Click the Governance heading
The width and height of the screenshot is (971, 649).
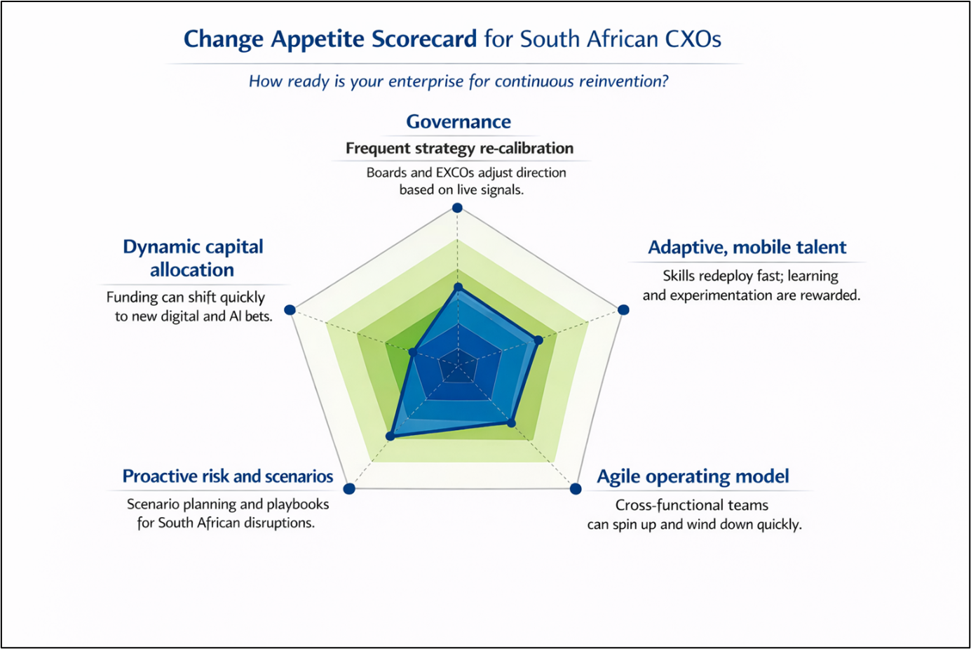coord(459,121)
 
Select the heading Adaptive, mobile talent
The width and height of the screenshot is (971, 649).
coord(747,247)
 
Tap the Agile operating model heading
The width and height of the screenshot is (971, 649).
coord(693,476)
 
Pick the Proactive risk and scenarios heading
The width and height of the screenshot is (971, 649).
coord(228,476)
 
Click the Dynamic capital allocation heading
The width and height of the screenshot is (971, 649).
coord(193,258)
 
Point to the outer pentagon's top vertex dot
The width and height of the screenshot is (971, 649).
coord(457,208)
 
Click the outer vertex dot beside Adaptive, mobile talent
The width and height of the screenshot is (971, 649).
coord(623,309)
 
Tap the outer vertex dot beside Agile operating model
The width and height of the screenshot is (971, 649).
coord(576,489)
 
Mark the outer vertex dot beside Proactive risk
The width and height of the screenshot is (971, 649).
coord(349,488)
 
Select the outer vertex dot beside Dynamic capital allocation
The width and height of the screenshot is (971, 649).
coord(290,309)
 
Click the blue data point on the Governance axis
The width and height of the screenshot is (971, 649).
coord(459,288)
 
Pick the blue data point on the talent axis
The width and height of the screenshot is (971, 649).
coord(538,340)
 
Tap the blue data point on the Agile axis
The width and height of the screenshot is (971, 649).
coord(511,423)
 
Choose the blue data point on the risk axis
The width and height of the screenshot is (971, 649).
coord(391,436)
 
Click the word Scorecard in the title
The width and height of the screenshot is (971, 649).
coord(424,39)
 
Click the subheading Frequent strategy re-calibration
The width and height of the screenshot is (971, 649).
coord(459,148)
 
